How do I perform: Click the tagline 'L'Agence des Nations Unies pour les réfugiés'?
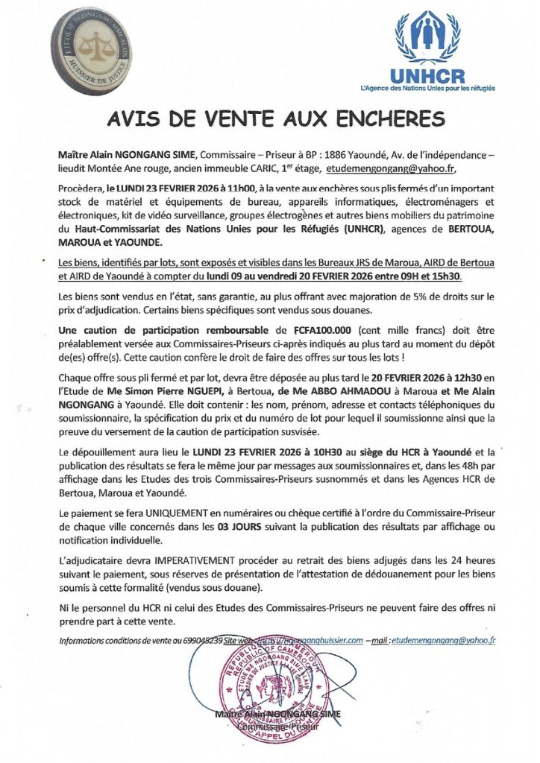coord(427,88)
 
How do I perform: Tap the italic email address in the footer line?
coord(445,640)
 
